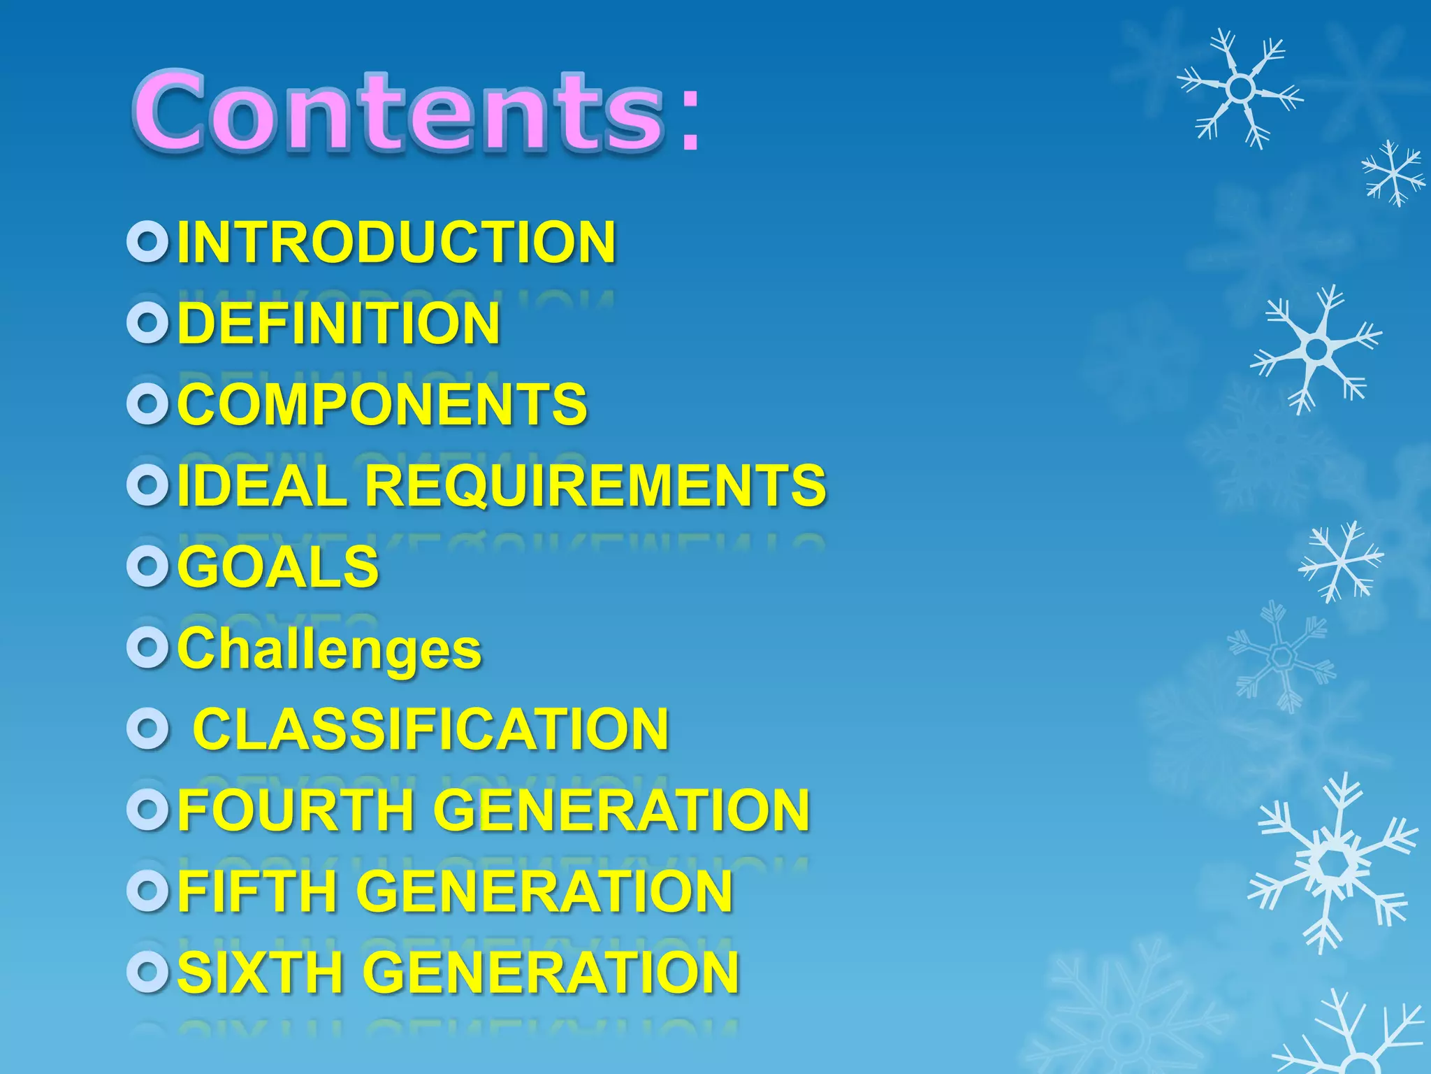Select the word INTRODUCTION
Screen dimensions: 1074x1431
pyautogui.click(x=396, y=242)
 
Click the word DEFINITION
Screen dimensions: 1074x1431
pyautogui.click(x=339, y=323)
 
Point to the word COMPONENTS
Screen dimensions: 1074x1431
pyautogui.click(x=382, y=404)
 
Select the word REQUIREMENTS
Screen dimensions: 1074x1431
pyautogui.click(x=595, y=485)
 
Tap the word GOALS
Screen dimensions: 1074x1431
pyautogui.click(x=278, y=566)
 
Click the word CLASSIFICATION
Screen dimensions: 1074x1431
pyautogui.click(x=431, y=729)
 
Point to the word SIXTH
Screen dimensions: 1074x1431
pyautogui.click(x=260, y=972)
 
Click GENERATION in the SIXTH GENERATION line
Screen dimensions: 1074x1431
pyautogui.click(x=552, y=972)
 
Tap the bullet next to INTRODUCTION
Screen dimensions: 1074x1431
pyautogui.click(x=147, y=242)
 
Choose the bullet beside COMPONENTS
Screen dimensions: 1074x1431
pyautogui.click(x=147, y=404)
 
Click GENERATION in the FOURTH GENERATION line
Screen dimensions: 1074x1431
pyautogui.click(x=621, y=810)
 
